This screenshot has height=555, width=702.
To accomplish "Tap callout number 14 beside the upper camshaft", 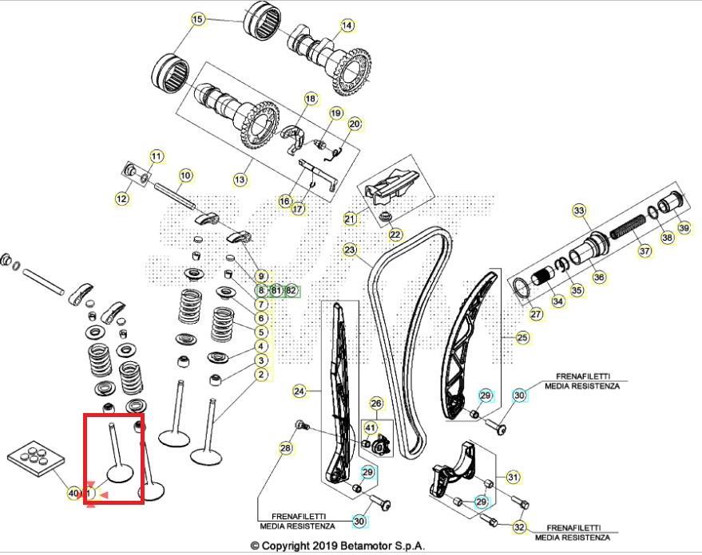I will point(347,26).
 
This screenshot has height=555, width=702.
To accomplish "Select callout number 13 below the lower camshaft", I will point(240,180).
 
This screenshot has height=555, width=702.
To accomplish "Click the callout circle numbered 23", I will point(350,250).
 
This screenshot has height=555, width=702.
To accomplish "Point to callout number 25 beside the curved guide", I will point(522,338).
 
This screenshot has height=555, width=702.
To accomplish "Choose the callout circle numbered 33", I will point(580,211).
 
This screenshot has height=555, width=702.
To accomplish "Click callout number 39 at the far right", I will point(684,227).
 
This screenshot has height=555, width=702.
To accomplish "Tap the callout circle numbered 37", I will point(644,250).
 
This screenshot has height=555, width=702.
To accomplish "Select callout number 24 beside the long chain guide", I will point(299,392).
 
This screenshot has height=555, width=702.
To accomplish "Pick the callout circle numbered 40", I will point(73,494).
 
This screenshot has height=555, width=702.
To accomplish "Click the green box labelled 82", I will point(291,291).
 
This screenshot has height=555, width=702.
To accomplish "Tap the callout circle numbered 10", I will point(185,175).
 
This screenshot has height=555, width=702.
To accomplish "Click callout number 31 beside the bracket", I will point(514,478).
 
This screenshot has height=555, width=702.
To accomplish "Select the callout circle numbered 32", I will point(519,527).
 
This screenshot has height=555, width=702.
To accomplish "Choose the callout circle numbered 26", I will point(376,403).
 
